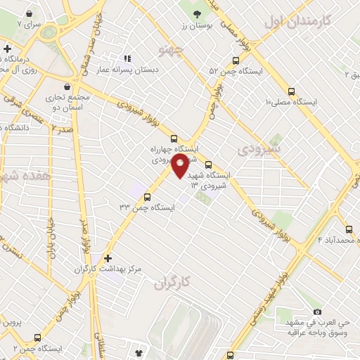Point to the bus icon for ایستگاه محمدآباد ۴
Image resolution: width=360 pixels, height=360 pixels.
click(x=349, y=229)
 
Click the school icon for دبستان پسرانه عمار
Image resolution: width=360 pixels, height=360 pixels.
click(x=127, y=59)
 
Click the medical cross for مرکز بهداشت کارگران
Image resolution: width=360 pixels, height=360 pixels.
click(x=107, y=258)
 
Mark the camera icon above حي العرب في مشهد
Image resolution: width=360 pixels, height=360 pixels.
click(x=317, y=312)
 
